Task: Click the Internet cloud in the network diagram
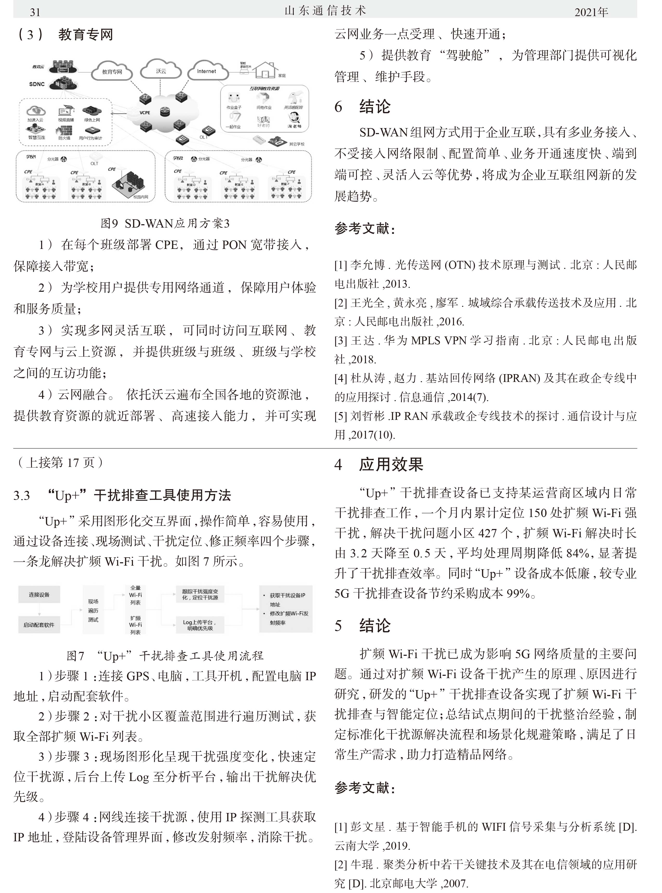point(206,71)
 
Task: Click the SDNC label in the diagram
point(37,84)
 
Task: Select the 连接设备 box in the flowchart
point(39,595)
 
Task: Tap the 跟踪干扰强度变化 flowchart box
point(199,594)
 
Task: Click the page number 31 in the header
point(35,12)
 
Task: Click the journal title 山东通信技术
point(325,11)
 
